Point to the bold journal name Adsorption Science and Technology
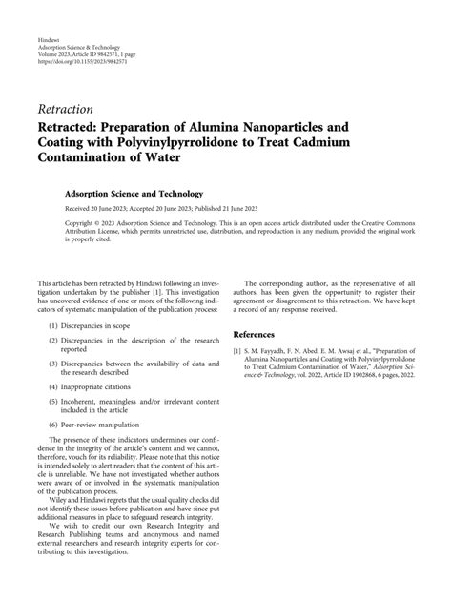[148, 191]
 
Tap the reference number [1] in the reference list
[238, 352]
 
